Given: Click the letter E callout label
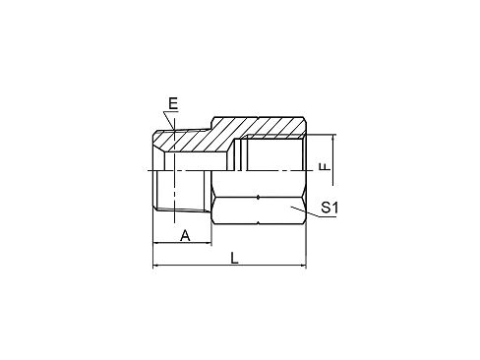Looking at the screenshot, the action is click(x=173, y=103).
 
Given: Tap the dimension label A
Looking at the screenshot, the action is click(x=185, y=235).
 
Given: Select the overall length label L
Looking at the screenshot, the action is click(x=234, y=258).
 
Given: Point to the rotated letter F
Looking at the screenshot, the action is click(x=325, y=167).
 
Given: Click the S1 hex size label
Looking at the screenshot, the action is click(x=330, y=208).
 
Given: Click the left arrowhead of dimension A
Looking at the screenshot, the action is click(x=156, y=243).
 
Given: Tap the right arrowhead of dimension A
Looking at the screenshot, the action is click(x=209, y=243).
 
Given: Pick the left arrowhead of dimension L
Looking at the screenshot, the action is click(x=156, y=265).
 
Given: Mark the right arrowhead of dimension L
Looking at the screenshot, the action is click(x=303, y=265).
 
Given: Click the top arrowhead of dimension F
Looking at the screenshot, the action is click(x=332, y=138).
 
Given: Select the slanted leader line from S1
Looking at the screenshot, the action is click(x=304, y=211).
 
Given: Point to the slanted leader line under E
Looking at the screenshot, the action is click(x=169, y=121).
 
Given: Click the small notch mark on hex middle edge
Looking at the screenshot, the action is click(x=259, y=197).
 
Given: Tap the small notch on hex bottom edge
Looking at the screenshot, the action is click(x=259, y=223).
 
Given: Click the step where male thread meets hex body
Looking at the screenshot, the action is click(x=211, y=125).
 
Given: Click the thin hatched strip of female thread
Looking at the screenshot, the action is click(x=274, y=137).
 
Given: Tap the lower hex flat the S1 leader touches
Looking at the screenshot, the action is click(x=259, y=210).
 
